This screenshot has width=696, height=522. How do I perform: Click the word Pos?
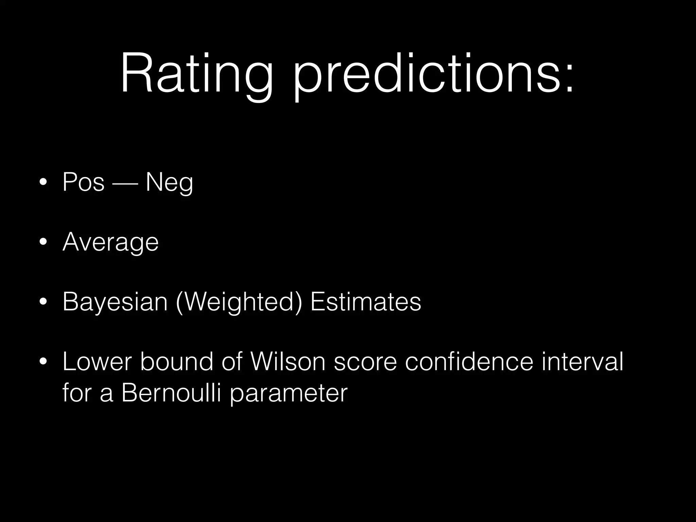pyautogui.click(x=83, y=182)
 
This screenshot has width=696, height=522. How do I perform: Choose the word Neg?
pyautogui.click(x=169, y=182)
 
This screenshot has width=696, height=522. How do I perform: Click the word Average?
pyautogui.click(x=110, y=242)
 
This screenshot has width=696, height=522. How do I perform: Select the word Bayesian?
pyautogui.click(x=115, y=302)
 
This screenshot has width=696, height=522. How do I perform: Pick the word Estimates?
pyautogui.click(x=366, y=302)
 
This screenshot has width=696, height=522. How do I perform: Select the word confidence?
pyautogui.click(x=469, y=362)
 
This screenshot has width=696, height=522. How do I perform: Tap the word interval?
pyautogui.click(x=582, y=362)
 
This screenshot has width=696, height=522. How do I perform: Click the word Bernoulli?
pyautogui.click(x=172, y=393)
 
